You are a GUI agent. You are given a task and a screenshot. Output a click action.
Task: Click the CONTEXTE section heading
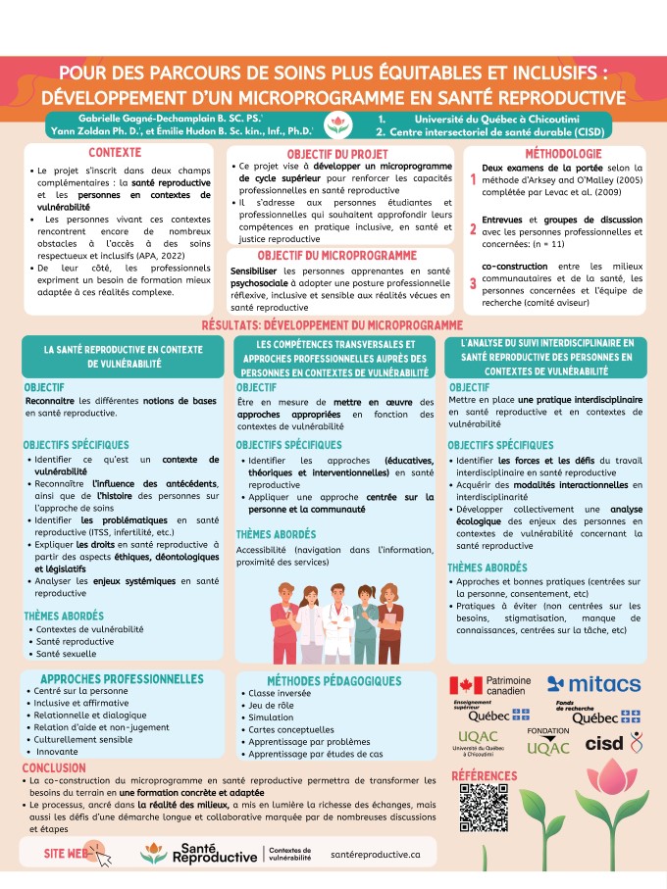pyautogui.click(x=115, y=153)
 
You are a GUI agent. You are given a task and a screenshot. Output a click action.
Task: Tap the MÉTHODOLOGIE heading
pyautogui.click(x=562, y=154)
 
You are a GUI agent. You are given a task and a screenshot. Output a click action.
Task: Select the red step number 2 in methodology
pyautogui.click(x=473, y=229)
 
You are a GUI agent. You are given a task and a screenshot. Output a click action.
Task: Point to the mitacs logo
pyautogui.click(x=594, y=684)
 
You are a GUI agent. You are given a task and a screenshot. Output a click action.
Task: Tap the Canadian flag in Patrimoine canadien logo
pyautogui.click(x=467, y=684)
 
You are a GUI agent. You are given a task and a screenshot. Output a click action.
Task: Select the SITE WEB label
pyautogui.click(x=66, y=854)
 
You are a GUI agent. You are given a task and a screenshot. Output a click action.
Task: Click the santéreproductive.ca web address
pyautogui.click(x=377, y=854)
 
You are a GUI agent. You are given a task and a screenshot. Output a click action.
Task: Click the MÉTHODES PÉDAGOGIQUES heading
pyautogui.click(x=333, y=680)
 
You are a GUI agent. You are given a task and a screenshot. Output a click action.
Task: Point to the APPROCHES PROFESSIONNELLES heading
pyautogui.click(x=122, y=677)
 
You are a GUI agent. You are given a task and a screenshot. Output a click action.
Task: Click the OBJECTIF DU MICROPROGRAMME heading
pyautogui.click(x=337, y=254)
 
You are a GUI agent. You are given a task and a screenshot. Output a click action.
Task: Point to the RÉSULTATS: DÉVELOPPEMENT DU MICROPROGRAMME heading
pyautogui.click(x=333, y=323)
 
